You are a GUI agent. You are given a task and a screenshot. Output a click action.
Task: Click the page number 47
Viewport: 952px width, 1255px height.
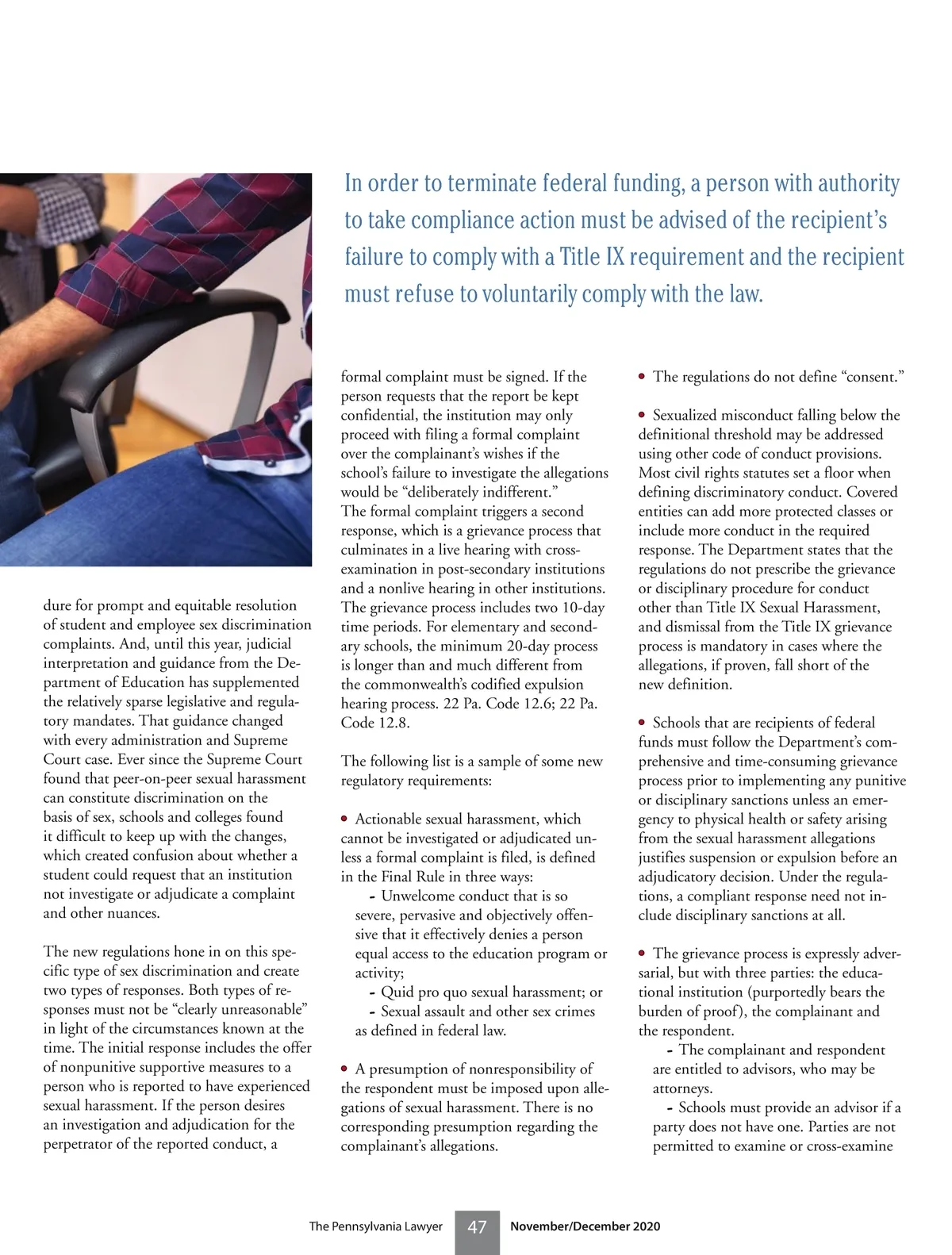point(477,1227)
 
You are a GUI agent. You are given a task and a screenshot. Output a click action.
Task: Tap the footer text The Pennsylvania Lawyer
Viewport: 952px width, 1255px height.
point(375,1226)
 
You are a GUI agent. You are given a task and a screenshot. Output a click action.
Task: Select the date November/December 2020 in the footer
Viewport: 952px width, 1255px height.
point(585,1226)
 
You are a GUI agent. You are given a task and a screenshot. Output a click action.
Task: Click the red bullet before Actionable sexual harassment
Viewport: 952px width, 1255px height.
point(344,818)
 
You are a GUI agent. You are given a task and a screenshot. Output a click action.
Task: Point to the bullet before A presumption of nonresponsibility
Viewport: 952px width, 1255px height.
point(344,1069)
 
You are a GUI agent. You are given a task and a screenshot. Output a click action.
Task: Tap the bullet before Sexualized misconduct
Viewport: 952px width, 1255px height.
point(642,415)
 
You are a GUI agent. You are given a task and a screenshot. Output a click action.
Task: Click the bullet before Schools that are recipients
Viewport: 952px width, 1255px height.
point(642,722)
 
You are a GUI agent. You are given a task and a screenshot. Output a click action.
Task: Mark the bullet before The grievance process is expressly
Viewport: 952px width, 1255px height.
point(642,953)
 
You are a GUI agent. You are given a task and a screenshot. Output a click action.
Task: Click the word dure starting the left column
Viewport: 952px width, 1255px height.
point(59,605)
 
